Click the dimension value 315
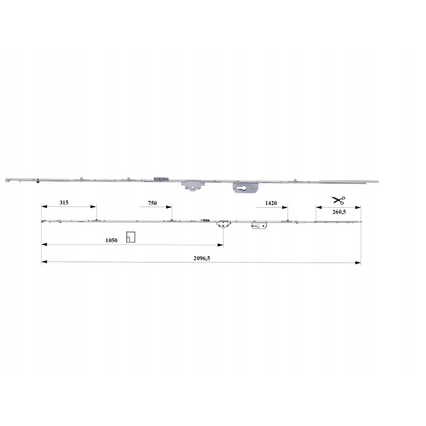click(64, 202)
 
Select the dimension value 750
click(152, 203)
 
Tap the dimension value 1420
click(271, 203)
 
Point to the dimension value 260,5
click(339, 212)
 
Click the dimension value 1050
click(111, 240)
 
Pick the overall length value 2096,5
click(202, 258)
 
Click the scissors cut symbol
click(338, 200)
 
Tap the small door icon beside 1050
click(130, 237)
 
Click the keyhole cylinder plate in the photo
click(245, 188)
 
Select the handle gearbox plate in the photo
click(193, 186)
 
